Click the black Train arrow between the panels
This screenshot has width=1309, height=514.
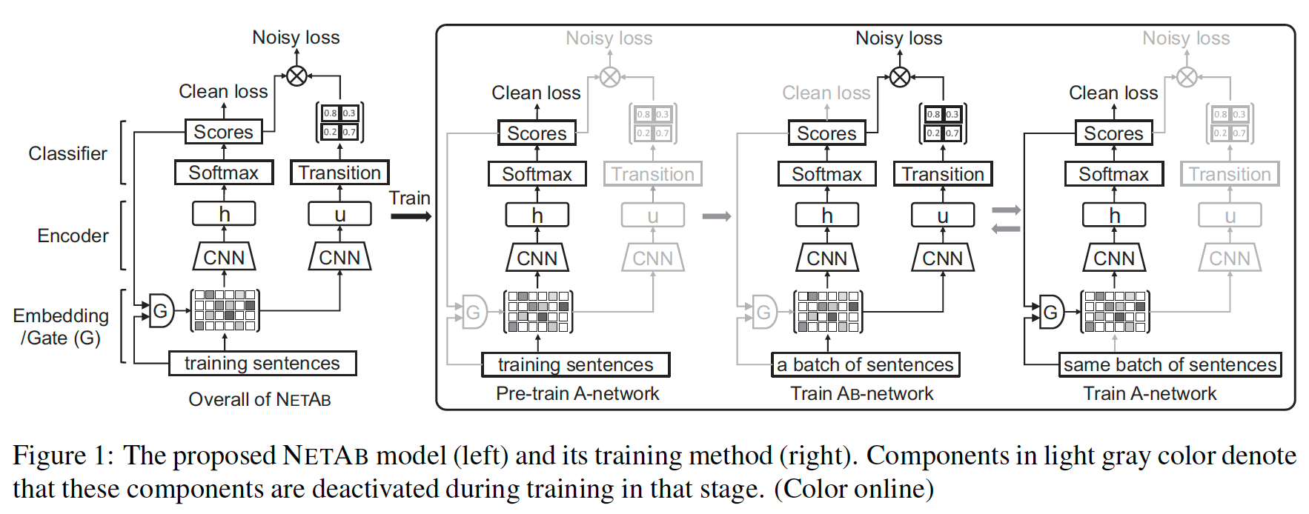tap(411, 216)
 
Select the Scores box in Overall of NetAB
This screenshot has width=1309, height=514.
tap(223, 132)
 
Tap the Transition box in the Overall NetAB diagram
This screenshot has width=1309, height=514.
tap(339, 173)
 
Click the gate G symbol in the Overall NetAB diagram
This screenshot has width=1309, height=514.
tap(161, 310)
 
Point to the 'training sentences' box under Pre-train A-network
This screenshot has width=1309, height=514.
tap(575, 364)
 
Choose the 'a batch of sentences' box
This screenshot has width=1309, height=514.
tap(865, 364)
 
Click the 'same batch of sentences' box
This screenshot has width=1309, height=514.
tap(1170, 364)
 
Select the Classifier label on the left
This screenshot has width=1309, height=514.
tap(67, 153)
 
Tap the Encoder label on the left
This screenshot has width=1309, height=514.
tap(73, 236)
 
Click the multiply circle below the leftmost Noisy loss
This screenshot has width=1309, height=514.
tap(296, 76)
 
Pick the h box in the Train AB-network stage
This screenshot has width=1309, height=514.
tap(826, 216)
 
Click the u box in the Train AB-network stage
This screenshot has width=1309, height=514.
tap(942, 216)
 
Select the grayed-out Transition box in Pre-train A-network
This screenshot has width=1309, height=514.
tap(652, 174)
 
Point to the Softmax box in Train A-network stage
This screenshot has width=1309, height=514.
tap(1113, 174)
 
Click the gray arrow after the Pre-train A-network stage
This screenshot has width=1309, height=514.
tap(716, 216)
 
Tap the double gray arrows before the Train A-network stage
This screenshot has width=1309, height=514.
tap(1006, 219)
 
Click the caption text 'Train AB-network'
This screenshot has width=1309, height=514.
tap(861, 393)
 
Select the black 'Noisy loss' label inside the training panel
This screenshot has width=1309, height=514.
tap(898, 38)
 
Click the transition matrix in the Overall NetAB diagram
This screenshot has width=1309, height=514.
tap(339, 123)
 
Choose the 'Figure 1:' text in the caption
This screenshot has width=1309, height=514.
tap(63, 455)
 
